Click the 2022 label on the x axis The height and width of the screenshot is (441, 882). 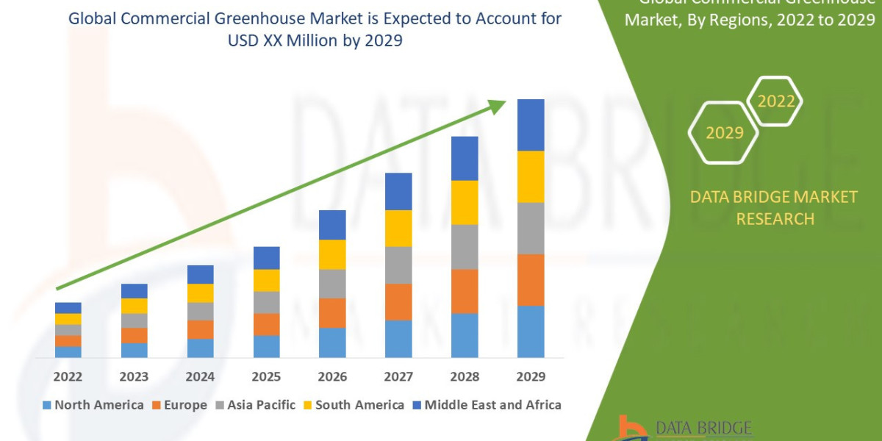tap(68, 377)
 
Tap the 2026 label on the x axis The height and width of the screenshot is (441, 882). tap(332, 377)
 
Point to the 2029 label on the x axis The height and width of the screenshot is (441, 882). tap(531, 377)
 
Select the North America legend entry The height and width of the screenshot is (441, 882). tap(93, 405)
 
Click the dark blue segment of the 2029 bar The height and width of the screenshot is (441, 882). tap(531, 125)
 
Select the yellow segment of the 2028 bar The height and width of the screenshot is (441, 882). tap(465, 202)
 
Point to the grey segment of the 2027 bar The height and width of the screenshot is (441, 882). tap(398, 265)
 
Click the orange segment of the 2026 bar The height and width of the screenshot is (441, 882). tap(332, 313)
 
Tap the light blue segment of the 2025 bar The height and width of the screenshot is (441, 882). tap(266, 346)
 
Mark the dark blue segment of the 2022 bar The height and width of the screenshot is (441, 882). tap(68, 307)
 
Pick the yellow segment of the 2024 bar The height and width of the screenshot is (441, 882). tap(200, 293)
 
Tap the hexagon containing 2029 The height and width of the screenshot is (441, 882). tap(723, 133)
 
